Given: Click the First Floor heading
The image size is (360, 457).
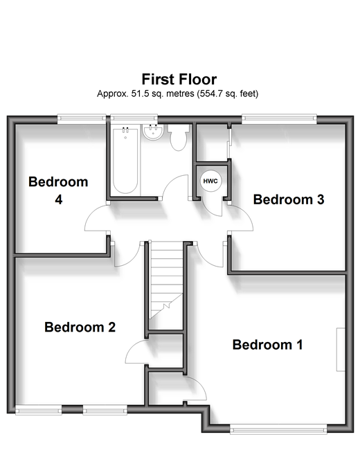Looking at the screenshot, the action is [179, 79].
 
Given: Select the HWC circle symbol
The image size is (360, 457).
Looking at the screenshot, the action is [210, 181].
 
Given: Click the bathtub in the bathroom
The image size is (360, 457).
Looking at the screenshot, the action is [125, 160].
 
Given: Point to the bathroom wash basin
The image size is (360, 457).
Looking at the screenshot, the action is [153, 132].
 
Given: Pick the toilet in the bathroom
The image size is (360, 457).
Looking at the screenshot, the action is [179, 137].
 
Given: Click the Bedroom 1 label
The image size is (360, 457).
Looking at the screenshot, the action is [268, 345].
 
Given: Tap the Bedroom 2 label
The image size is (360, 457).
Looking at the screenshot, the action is [80, 327].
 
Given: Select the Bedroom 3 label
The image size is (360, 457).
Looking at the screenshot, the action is [289, 199].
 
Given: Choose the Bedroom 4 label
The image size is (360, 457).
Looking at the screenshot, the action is [58, 190].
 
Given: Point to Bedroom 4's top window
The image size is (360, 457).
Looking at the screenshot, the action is [82, 118].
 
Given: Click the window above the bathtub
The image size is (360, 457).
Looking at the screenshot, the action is [134, 118].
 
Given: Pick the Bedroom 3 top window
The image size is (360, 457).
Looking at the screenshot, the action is [279, 118].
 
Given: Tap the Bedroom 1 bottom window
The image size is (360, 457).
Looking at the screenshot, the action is [278, 429].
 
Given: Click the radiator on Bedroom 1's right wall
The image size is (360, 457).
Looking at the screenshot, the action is [341, 350].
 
